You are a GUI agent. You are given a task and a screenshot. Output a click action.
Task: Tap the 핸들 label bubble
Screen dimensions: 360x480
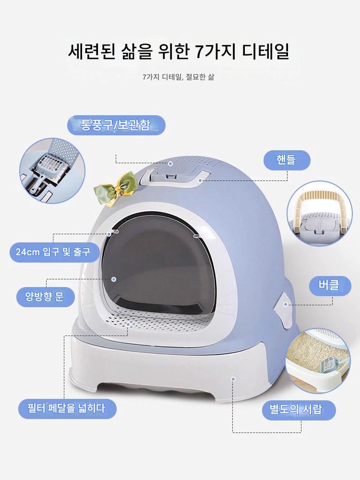pos(287,160)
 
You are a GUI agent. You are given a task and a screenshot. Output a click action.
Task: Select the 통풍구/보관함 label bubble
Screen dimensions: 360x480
pos(116,125)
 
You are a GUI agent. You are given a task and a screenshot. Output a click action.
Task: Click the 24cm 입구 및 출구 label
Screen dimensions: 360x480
pos(54,252)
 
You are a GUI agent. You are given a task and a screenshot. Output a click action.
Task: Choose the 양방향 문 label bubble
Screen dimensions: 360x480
pos(45,297)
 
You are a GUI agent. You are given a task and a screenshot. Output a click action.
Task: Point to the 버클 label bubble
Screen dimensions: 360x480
pos(329,286)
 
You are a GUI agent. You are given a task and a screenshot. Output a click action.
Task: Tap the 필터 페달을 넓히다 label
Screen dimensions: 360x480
pos(67,408)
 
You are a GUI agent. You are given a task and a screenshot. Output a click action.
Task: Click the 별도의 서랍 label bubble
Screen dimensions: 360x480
pos(299,410)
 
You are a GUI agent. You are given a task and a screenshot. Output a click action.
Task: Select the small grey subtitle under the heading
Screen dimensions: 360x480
pos(178,77)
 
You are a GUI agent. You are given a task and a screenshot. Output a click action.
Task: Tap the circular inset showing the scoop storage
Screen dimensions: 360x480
pos(52,170)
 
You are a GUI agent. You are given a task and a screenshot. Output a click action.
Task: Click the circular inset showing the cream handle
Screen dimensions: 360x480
pos(320,214)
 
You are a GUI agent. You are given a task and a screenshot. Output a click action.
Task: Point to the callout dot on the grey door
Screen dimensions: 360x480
pos(114,279)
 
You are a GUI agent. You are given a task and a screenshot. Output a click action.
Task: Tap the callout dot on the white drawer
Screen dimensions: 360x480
pos(233,379)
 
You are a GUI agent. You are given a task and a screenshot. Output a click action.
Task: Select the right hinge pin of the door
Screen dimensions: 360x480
pos(196,236)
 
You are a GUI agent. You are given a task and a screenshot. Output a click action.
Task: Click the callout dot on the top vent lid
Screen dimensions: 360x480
pos(170,164)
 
